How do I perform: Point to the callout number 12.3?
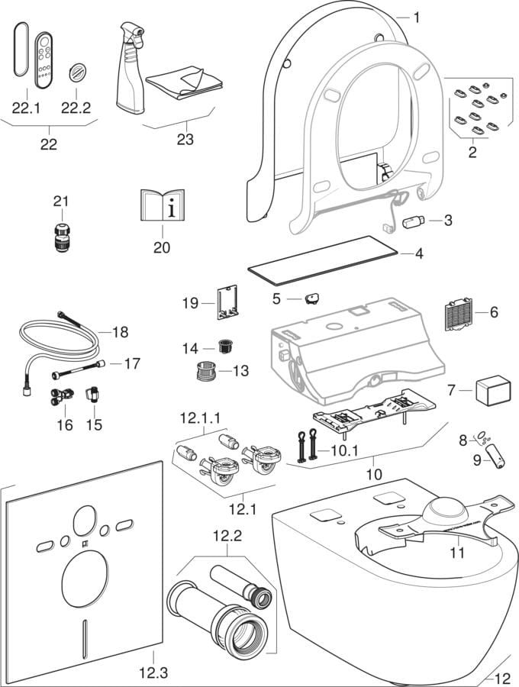click(x=153, y=672)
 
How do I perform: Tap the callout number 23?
click(x=185, y=139)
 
